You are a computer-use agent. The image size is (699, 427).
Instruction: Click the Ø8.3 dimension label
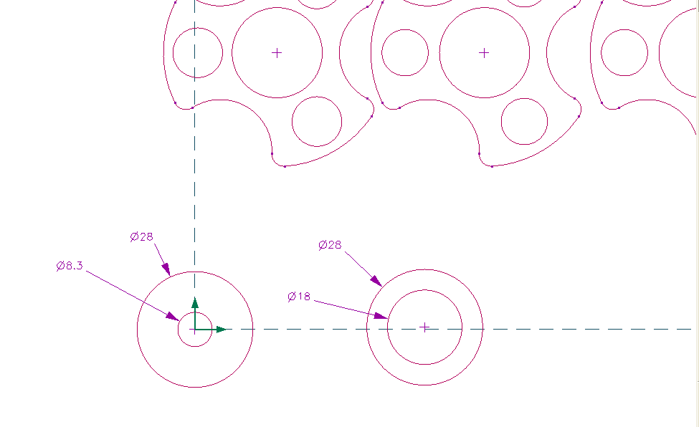click(70, 266)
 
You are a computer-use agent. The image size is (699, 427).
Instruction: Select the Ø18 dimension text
click(299, 297)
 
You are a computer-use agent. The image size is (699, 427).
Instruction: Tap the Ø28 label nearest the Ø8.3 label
click(142, 236)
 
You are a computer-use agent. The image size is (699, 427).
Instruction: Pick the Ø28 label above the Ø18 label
click(330, 245)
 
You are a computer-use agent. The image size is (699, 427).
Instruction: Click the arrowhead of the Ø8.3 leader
click(173, 317)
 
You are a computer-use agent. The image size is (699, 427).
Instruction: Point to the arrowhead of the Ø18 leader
click(381, 316)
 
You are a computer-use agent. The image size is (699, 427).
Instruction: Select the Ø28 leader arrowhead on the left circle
click(166, 269)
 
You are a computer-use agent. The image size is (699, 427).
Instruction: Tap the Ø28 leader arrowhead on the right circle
click(376, 281)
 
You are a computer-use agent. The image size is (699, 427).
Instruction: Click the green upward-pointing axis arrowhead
click(195, 303)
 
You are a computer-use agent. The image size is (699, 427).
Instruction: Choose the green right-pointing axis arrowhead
click(221, 330)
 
